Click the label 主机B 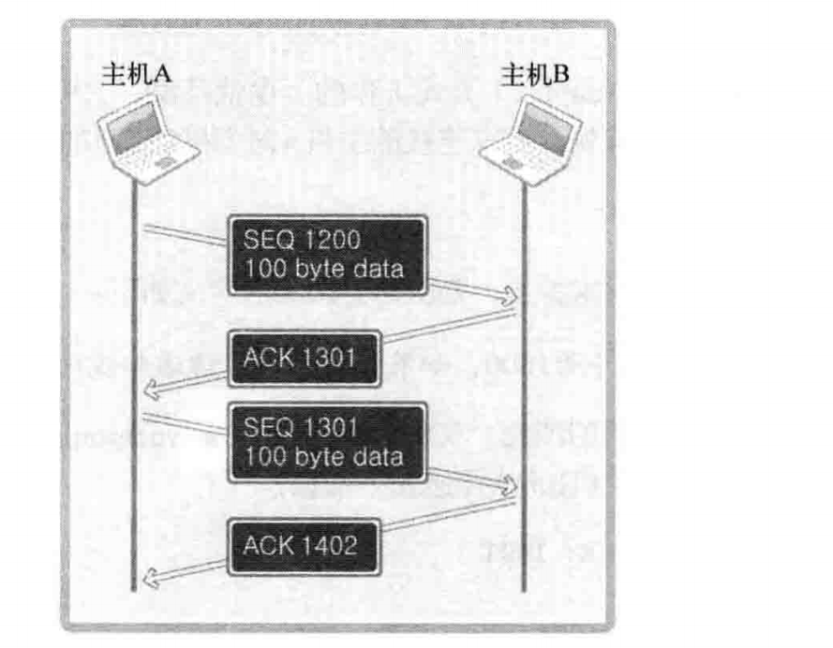(534, 74)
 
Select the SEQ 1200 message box (328, 255)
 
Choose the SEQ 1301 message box (328, 442)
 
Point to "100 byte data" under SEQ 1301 (323, 457)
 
